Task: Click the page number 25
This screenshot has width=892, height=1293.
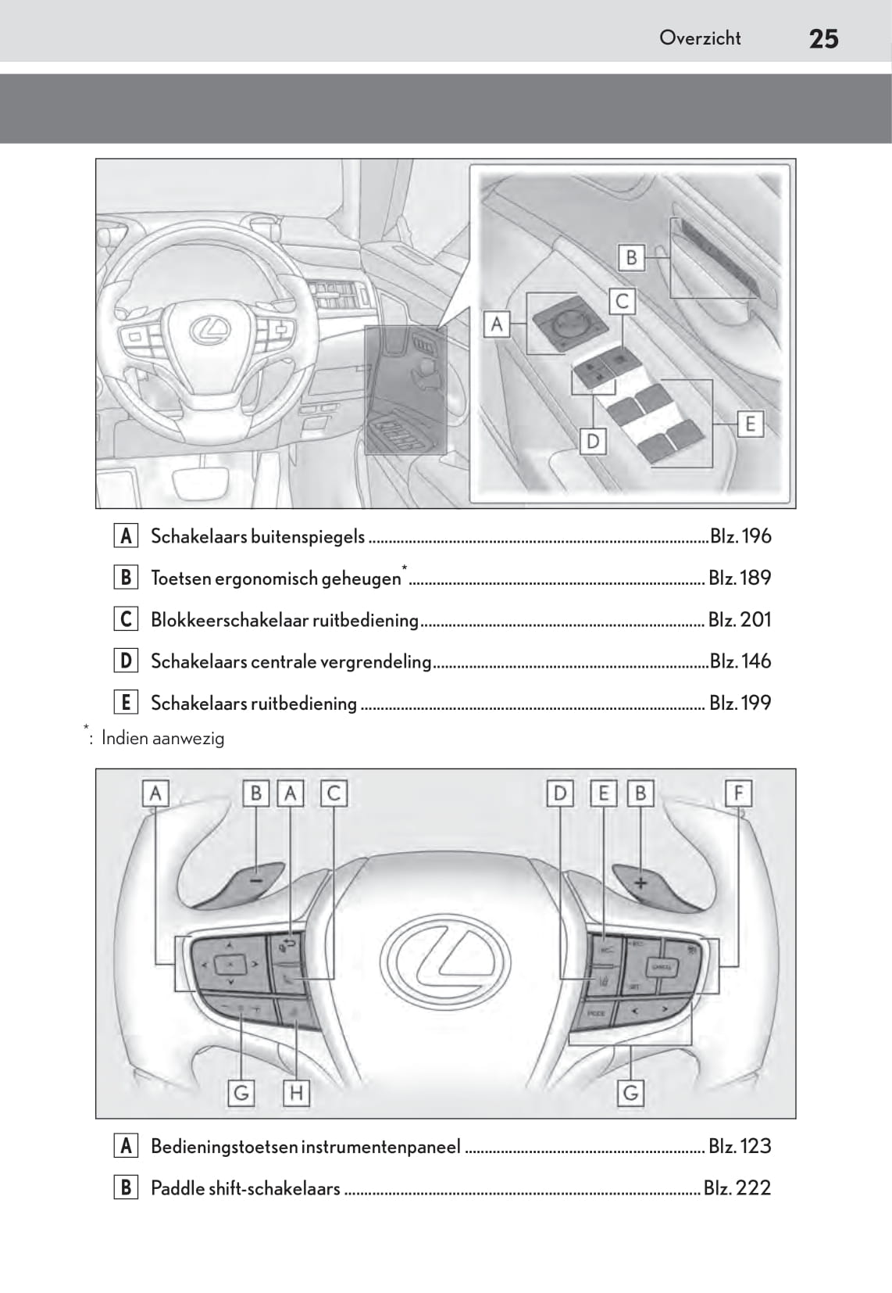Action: click(x=823, y=38)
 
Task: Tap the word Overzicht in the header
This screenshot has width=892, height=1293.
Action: click(x=700, y=38)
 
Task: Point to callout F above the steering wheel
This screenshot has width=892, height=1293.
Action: click(x=738, y=793)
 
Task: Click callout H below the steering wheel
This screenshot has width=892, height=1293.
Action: click(x=296, y=1092)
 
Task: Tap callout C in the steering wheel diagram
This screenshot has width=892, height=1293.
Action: click(x=334, y=793)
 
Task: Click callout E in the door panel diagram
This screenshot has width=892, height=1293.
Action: click(x=750, y=424)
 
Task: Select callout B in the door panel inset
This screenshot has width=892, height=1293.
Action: click(x=631, y=257)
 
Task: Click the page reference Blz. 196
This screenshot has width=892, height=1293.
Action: click(x=740, y=536)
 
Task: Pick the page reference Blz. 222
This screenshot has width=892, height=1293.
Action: click(x=737, y=1188)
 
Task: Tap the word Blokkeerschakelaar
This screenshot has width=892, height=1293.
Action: click(x=230, y=620)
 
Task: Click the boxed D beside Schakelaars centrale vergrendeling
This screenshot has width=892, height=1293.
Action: click(x=125, y=661)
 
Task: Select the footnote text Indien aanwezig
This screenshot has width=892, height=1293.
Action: click(x=162, y=738)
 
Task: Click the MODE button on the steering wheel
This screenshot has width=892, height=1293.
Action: click(x=596, y=1012)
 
